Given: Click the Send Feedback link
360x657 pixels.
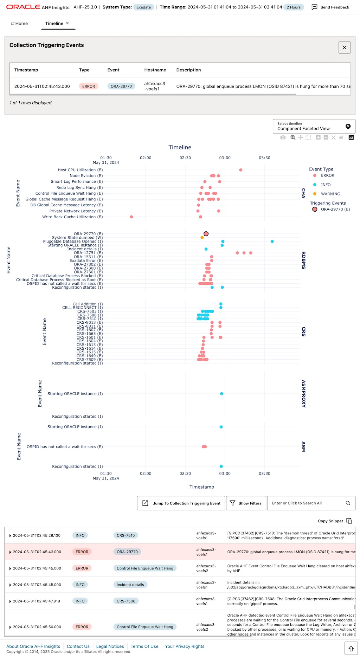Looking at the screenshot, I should tap(330, 7).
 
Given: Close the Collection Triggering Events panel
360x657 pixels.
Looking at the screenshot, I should tap(344, 47).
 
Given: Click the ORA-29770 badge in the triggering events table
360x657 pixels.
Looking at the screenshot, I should tap(121, 86).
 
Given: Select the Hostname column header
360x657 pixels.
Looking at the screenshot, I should tap(155, 70).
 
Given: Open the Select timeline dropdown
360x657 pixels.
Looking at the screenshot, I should tap(309, 126).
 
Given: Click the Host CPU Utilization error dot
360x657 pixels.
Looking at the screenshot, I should tap(241, 170).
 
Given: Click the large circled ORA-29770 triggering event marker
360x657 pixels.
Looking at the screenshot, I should tap(206, 234).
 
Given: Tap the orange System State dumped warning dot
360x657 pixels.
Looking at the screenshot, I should tap(202, 238).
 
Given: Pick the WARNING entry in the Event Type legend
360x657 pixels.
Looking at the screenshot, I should tap(330, 194).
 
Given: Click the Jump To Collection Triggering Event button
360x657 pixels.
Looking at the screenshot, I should tap(181, 503).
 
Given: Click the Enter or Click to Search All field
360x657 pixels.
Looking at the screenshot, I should tap(306, 503).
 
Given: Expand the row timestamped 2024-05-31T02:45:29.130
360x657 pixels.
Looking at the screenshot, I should tap(10, 536).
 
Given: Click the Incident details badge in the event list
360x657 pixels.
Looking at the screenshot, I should tap(130, 585).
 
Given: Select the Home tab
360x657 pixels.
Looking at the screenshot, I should tap(19, 24).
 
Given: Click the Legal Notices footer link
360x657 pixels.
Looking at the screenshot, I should tap(110, 646).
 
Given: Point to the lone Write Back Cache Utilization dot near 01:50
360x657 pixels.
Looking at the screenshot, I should tap(131, 217).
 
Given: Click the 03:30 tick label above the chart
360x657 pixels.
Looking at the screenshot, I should tap(264, 158).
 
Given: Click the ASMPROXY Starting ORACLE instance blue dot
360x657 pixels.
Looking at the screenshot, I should tap(221, 394).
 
